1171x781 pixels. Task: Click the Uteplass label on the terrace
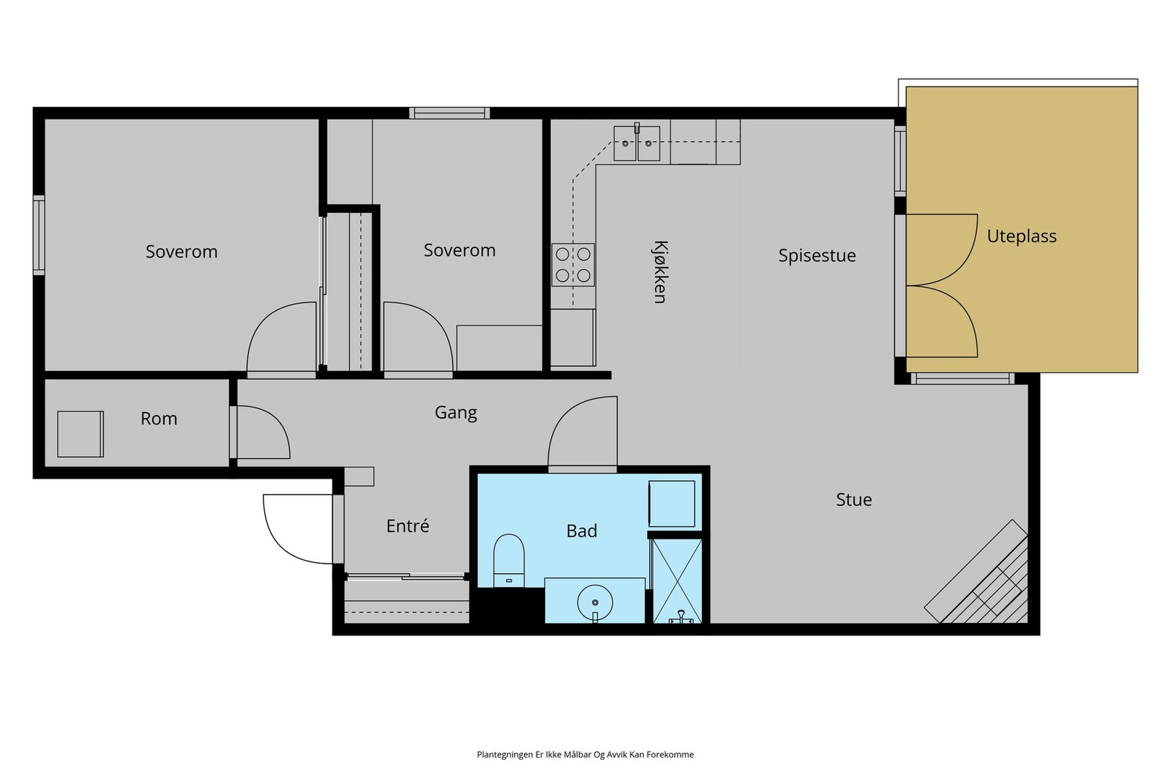[x=1022, y=237]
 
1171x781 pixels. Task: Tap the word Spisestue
[x=817, y=255]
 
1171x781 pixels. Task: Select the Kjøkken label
[x=660, y=272]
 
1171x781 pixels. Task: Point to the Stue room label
[x=853, y=500]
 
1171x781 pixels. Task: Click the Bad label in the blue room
[x=581, y=531]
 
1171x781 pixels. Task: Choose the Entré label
[x=408, y=526]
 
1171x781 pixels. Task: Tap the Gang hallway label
[x=456, y=413]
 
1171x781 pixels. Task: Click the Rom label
[x=159, y=419]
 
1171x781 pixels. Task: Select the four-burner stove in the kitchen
[x=573, y=264]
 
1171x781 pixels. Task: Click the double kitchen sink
[x=637, y=143]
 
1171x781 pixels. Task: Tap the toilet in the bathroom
[x=509, y=560]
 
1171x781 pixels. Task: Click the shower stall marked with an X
[x=678, y=581]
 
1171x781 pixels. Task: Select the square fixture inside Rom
[x=80, y=434]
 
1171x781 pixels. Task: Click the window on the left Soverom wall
[x=39, y=235]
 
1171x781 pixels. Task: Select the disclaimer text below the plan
[x=585, y=755]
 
